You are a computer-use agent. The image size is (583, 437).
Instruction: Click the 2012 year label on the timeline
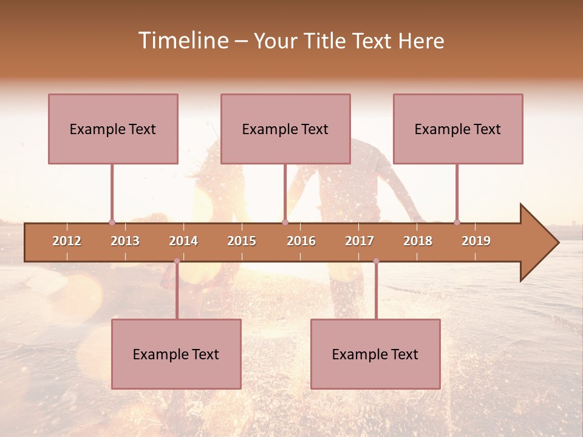(x=67, y=241)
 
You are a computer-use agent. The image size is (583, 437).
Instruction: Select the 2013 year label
(x=125, y=241)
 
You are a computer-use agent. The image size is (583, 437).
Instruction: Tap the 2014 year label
(x=183, y=241)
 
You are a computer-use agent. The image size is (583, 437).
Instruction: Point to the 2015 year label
(x=242, y=241)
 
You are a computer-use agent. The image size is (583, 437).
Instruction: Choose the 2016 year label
(x=301, y=241)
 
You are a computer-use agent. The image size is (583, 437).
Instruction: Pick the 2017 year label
(x=360, y=241)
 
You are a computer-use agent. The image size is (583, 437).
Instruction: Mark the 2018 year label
(x=418, y=241)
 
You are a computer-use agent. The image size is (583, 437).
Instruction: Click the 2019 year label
(x=476, y=241)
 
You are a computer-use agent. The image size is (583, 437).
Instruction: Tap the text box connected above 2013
(x=113, y=129)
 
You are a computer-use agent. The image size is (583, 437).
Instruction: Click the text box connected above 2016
(x=285, y=129)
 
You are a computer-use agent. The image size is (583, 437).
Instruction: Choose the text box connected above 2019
(x=458, y=129)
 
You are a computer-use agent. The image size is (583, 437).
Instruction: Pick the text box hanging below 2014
(x=176, y=354)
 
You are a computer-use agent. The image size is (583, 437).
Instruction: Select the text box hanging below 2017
(x=375, y=354)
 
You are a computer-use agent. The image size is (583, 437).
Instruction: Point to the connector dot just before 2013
(x=112, y=222)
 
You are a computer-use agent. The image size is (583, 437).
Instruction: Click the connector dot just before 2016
(x=285, y=222)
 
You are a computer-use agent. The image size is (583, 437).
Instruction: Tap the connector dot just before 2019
(x=457, y=222)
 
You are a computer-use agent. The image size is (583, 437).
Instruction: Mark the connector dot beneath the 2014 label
(x=177, y=261)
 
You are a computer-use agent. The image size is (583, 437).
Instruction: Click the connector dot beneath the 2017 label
(x=376, y=261)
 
